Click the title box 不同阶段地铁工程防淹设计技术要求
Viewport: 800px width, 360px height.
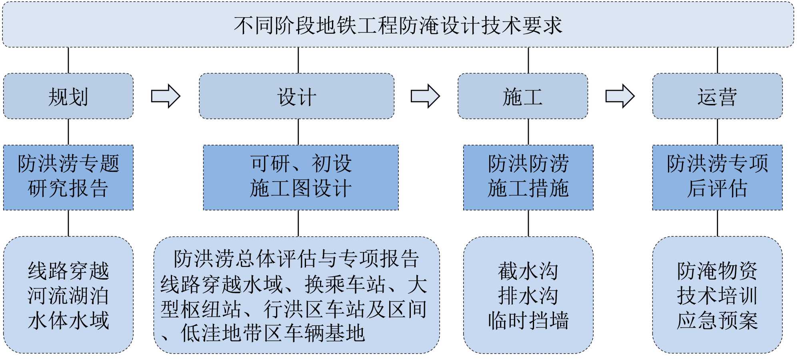[398, 25]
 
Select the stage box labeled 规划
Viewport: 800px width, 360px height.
[68, 96]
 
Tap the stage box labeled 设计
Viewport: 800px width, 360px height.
[297, 96]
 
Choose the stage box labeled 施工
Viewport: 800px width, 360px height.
[523, 96]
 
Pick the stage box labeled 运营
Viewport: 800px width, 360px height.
[717, 96]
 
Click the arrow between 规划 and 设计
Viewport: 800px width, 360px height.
[166, 96]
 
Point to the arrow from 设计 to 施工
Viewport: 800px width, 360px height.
[425, 96]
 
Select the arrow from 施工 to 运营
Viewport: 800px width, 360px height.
[620, 96]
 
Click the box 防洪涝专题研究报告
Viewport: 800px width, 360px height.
[68, 177]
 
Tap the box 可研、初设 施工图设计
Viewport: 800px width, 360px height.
[301, 177]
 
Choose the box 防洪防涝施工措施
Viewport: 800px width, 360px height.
[528, 177]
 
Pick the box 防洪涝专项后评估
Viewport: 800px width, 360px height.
[717, 177]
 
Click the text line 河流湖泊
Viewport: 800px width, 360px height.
[68, 296]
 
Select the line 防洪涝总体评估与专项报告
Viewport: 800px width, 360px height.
[296, 259]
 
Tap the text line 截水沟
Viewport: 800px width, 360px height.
[528, 271]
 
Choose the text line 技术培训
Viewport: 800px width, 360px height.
[717, 296]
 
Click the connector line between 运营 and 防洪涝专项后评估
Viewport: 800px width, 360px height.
[718, 132]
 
